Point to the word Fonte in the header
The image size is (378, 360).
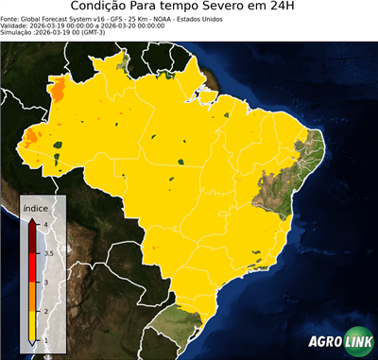pyautogui.click(x=9, y=18)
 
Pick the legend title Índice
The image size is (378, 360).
pyautogui.click(x=35, y=207)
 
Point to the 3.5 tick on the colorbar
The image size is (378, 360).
pyautogui.click(x=47, y=253)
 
